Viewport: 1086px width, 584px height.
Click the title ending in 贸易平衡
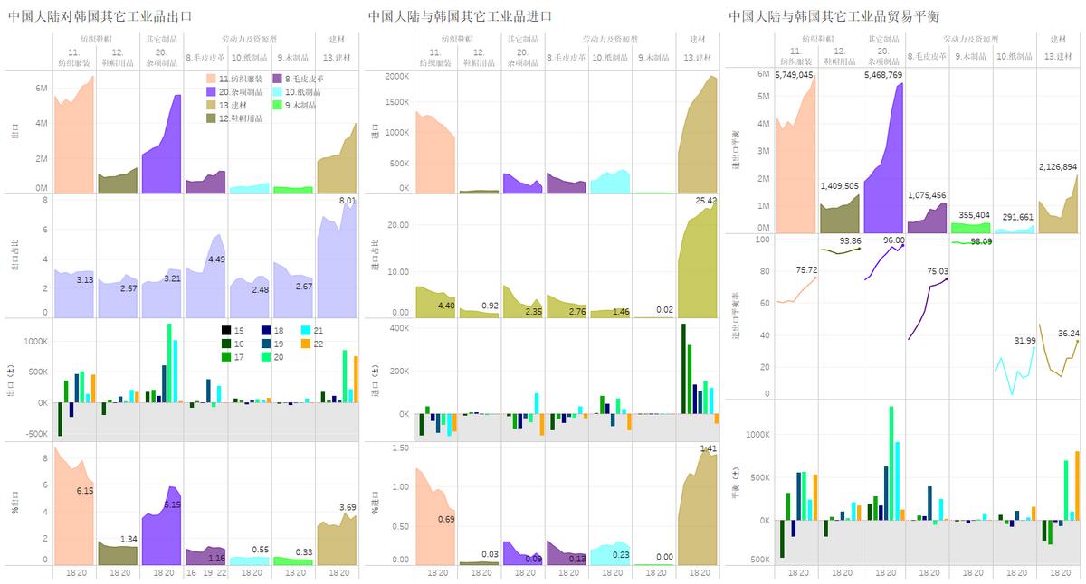coord(828,16)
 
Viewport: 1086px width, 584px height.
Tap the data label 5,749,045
coord(794,75)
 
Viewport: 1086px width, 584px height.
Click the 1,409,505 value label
coord(839,185)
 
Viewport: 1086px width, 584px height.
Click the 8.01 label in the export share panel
coord(348,201)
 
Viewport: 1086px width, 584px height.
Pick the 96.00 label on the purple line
coord(894,240)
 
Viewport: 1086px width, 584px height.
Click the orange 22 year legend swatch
coord(306,344)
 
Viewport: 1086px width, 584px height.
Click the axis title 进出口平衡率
coord(736,316)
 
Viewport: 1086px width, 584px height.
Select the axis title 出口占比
coord(14,256)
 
